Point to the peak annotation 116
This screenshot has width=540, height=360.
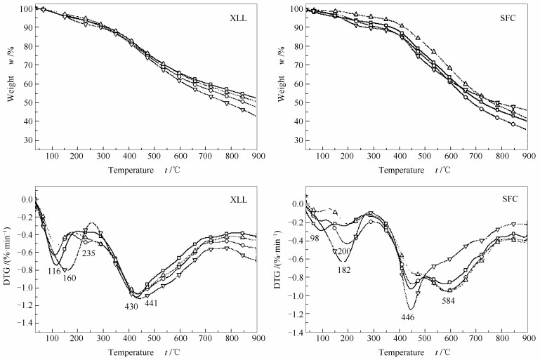tap(54, 270)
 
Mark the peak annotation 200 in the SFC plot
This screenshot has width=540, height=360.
tap(344, 251)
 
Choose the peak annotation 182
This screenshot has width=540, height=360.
tap(344, 270)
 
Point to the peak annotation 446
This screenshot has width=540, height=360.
tap(407, 317)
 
